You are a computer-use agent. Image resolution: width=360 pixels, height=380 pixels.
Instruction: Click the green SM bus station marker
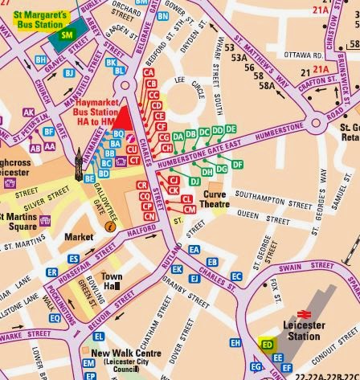65,35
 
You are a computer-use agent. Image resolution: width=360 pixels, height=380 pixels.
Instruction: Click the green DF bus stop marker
237,165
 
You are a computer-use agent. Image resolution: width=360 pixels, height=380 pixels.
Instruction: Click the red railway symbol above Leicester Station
305,313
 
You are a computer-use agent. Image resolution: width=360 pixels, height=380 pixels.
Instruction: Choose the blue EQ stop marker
56,319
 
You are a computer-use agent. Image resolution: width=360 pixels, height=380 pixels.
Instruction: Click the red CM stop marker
190,209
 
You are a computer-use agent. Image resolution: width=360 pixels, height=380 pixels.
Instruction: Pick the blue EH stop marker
235,343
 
